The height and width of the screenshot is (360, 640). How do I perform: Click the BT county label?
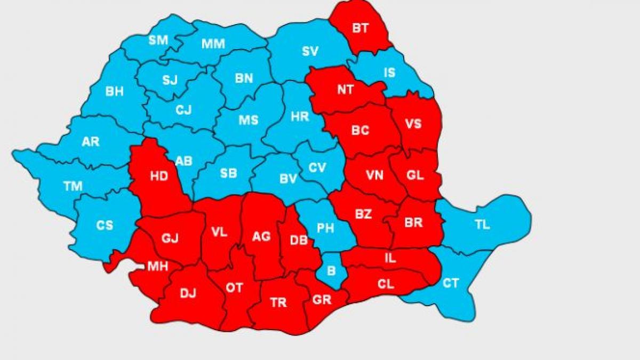[x=360, y=28]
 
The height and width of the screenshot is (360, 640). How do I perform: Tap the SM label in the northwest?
[x=158, y=40]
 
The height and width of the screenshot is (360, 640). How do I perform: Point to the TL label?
[x=482, y=225]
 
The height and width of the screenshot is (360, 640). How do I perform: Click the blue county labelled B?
[x=331, y=271]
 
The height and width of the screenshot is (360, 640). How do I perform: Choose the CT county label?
[x=451, y=283]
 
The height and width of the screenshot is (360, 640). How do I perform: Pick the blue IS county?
[x=390, y=73]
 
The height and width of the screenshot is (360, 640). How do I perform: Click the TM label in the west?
[x=73, y=186]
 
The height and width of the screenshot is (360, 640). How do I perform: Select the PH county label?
[x=325, y=228]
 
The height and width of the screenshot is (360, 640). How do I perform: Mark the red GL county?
[x=414, y=175]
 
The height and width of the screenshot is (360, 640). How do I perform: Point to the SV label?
[x=310, y=51]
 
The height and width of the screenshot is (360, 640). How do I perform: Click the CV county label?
[x=317, y=167]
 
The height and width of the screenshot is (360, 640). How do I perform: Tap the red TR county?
[x=278, y=303]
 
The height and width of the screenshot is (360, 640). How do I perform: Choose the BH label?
[x=114, y=92]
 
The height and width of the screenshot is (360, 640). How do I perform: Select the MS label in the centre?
[x=248, y=120]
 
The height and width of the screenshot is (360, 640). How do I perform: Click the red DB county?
[x=298, y=241]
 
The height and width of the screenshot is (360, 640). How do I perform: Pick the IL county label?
[x=390, y=259]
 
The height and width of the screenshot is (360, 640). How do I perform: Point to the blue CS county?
[x=105, y=225]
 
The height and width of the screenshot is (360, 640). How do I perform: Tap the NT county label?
[x=345, y=90]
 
